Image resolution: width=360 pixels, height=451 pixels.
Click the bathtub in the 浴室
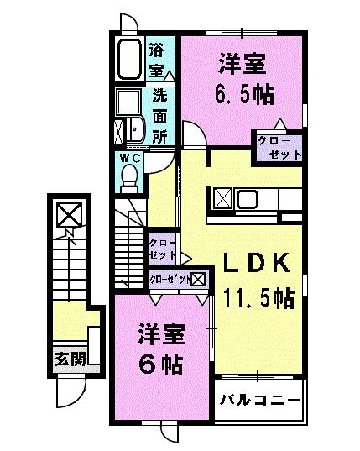(x=130, y=60)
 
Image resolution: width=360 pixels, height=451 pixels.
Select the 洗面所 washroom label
(x=159, y=113)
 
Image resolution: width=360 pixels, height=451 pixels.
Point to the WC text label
(x=129, y=157)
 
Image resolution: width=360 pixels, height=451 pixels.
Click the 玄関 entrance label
(x=70, y=359)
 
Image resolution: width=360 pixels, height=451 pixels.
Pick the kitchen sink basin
(x=248, y=200)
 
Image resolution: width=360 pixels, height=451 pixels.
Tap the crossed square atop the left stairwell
(x=67, y=214)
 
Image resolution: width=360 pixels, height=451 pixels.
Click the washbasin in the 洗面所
(x=134, y=130)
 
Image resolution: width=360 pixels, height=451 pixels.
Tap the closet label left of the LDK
(x=163, y=248)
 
